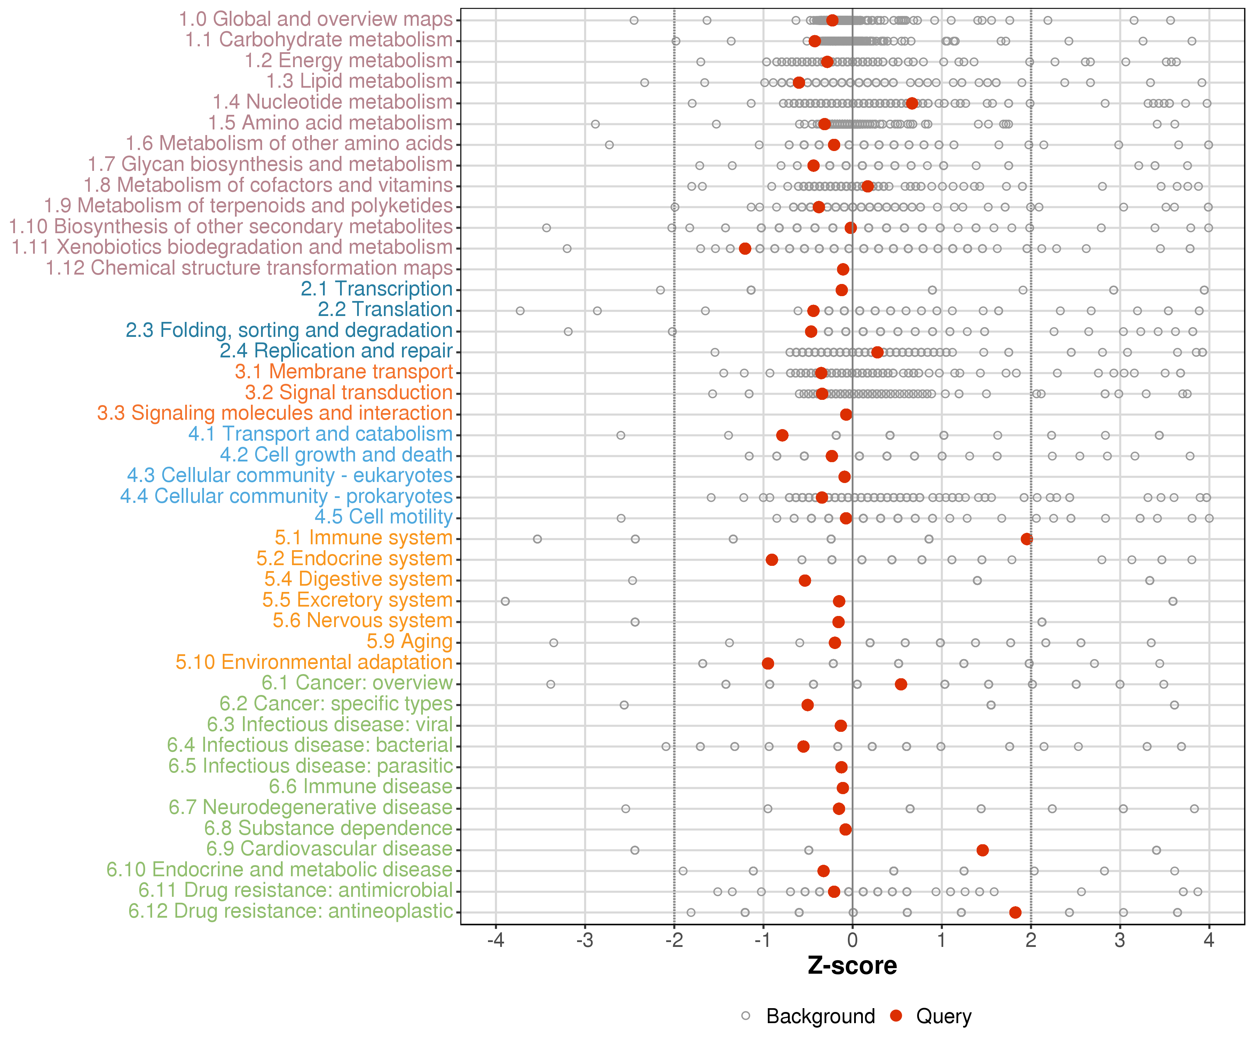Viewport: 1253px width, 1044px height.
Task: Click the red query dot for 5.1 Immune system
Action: [1027, 539]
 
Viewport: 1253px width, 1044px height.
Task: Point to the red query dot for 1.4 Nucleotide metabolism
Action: [912, 104]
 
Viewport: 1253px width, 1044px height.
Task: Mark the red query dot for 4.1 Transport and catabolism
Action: [782, 435]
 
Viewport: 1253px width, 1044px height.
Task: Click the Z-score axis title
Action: [852, 966]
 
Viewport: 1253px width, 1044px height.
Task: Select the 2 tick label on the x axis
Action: [1031, 941]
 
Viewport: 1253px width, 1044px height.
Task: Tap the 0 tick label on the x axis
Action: [852, 941]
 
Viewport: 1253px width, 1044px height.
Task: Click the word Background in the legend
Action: [820, 1017]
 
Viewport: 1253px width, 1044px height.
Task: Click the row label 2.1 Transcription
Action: [377, 289]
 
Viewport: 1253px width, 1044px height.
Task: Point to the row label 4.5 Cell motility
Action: [384, 517]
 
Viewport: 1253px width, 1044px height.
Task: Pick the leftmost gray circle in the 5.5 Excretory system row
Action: [505, 601]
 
